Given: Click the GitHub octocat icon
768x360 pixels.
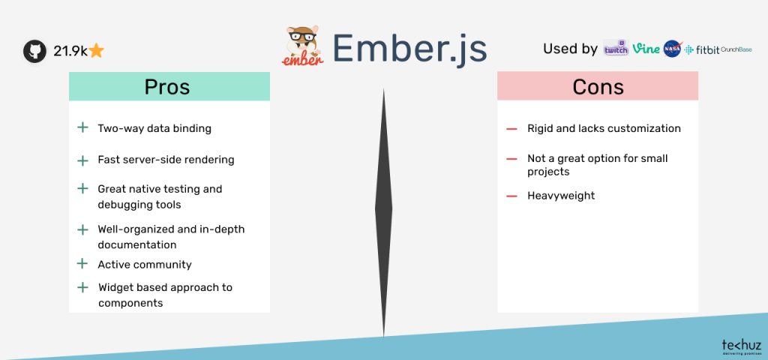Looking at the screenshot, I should [34, 51].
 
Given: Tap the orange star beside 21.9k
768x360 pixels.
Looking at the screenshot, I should [96, 51].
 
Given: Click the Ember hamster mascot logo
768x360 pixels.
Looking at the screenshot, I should [303, 46].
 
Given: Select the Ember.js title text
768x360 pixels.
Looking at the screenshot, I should [409, 49].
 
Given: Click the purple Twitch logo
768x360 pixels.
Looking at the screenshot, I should [616, 49].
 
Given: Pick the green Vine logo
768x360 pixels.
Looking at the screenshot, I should [646, 49].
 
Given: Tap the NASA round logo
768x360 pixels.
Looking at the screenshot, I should [672, 49].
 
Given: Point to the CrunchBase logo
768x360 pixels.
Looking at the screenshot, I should [736, 49].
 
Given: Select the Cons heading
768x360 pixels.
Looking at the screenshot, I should [598, 87].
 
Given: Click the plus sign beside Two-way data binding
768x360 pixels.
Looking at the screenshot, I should [82, 128].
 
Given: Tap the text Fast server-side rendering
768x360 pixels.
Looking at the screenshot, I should [166, 160].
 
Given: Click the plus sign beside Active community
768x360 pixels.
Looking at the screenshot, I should [82, 264].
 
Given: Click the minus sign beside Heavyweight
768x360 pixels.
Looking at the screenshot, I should [511, 196].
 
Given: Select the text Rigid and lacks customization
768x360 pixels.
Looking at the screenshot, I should [604, 128].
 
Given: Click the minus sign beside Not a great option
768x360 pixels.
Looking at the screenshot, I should [511, 159].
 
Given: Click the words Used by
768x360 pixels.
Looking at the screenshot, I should [570, 49].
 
